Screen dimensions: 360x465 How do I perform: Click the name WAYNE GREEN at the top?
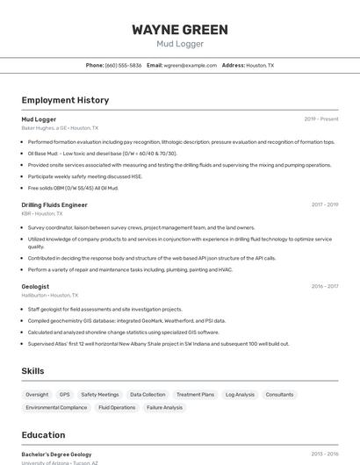180,30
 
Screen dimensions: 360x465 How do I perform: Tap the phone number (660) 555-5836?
123,65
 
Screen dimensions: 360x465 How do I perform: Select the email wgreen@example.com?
190,65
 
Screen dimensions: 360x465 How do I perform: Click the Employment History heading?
65,100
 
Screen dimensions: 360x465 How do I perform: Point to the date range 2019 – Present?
321,118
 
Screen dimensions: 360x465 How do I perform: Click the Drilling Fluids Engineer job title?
54,204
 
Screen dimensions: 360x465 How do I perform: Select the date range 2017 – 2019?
325,204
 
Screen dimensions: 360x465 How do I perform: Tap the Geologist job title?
35,286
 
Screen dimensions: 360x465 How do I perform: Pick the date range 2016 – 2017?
325,286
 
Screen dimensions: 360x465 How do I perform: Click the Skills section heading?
33,371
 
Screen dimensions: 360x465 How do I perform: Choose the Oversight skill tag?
37,395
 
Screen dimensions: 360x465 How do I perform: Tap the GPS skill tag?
65,395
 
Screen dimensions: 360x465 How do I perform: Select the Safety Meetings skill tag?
100,395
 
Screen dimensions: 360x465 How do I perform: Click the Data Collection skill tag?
148,395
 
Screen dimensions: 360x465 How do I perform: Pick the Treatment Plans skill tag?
195,395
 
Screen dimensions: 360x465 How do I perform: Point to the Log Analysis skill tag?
240,395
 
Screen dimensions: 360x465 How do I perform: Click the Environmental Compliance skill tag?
56,407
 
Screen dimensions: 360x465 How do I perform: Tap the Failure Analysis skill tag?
164,407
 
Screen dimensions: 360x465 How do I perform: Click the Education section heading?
43,435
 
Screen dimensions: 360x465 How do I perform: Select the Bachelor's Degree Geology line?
56,454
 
